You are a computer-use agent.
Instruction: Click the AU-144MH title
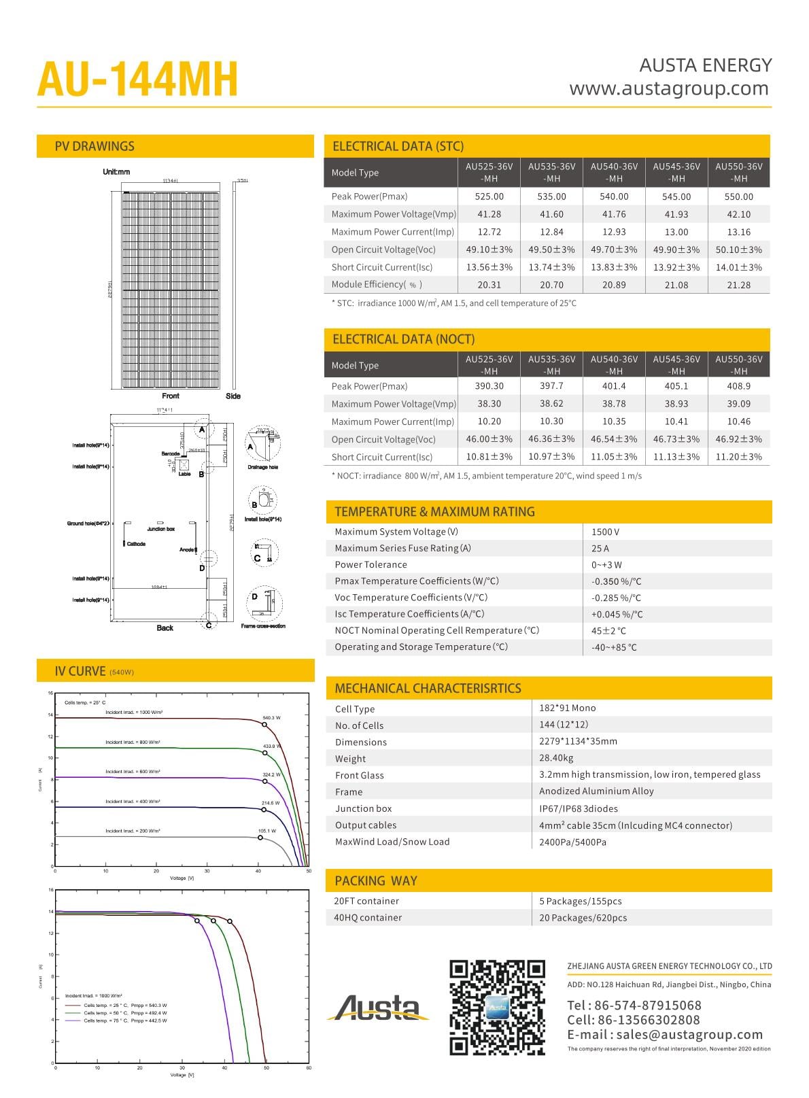click(x=137, y=80)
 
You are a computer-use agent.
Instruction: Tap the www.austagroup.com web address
click(x=669, y=88)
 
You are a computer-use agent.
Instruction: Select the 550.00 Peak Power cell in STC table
click(x=738, y=196)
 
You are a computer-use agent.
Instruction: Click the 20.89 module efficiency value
click(x=614, y=285)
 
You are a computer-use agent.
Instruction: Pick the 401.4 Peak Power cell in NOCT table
click(x=614, y=386)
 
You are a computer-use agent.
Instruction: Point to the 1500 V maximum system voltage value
click(x=605, y=532)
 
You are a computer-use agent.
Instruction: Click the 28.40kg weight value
click(x=556, y=758)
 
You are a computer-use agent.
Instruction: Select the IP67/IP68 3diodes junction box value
click(x=579, y=808)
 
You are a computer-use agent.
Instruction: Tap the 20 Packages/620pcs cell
click(x=583, y=918)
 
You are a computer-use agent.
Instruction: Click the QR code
click(x=498, y=1007)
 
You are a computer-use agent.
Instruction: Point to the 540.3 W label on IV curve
click(x=271, y=718)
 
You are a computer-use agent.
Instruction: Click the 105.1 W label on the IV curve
click(x=267, y=831)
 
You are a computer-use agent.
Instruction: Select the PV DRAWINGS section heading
click(x=94, y=146)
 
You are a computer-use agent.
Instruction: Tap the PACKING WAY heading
click(x=375, y=881)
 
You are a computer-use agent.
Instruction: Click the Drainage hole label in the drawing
click(x=262, y=467)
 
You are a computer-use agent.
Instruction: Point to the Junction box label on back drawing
click(x=160, y=529)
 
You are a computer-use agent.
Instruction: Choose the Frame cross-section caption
click(x=263, y=626)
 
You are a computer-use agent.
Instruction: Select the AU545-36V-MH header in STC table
click(x=676, y=172)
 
